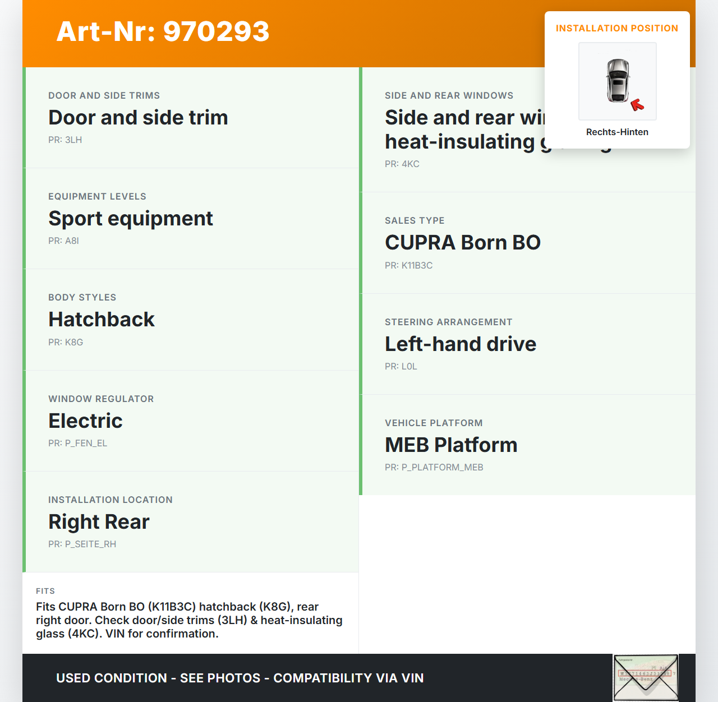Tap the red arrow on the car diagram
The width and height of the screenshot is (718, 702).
click(x=637, y=105)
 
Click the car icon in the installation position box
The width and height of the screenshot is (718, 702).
click(x=618, y=80)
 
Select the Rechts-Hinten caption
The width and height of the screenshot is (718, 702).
click(x=617, y=132)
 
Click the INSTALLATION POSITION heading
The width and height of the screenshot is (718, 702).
click(x=616, y=29)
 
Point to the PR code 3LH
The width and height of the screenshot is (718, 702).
click(x=65, y=140)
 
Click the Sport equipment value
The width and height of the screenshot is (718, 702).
click(x=131, y=219)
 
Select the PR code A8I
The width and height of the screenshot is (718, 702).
click(x=63, y=241)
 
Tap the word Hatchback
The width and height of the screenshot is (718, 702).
click(x=102, y=320)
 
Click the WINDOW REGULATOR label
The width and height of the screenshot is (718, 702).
click(x=101, y=399)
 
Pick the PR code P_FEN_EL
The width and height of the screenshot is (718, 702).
click(x=77, y=444)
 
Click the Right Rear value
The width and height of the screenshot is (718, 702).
click(x=99, y=522)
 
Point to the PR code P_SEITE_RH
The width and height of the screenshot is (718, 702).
click(x=82, y=544)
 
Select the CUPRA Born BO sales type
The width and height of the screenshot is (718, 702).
click(x=463, y=243)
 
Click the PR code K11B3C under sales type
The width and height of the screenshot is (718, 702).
click(x=408, y=266)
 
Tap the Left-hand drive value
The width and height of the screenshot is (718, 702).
click(x=461, y=344)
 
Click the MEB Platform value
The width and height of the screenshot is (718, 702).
click(x=451, y=445)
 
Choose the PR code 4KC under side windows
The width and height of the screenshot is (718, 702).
click(x=402, y=164)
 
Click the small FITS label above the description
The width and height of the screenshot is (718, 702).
click(x=45, y=592)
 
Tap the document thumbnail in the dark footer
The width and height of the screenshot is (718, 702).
click(x=646, y=677)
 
